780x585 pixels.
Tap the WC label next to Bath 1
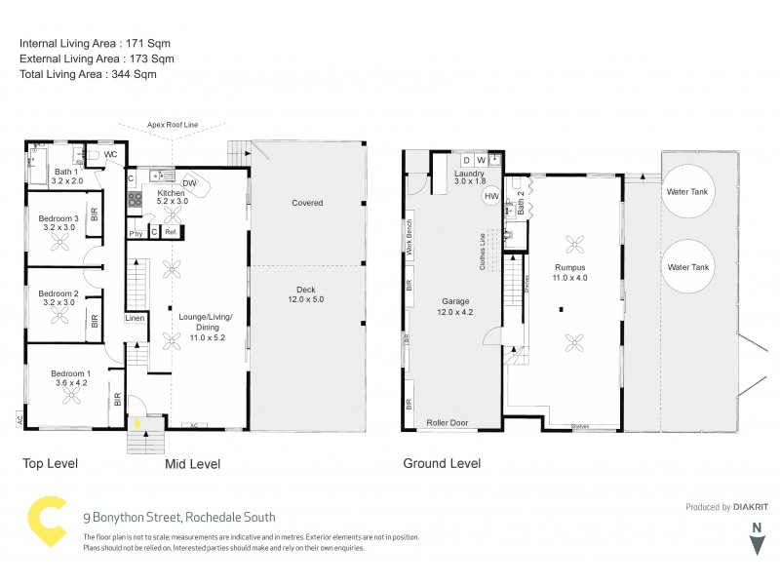click(111, 154)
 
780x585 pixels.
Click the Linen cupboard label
click(136, 319)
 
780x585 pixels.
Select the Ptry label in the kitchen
click(136, 233)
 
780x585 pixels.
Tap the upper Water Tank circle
click(686, 192)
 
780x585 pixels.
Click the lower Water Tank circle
click(686, 266)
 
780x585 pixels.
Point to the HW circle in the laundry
click(490, 196)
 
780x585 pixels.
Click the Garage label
click(456, 301)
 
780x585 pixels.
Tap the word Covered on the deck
click(307, 203)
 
